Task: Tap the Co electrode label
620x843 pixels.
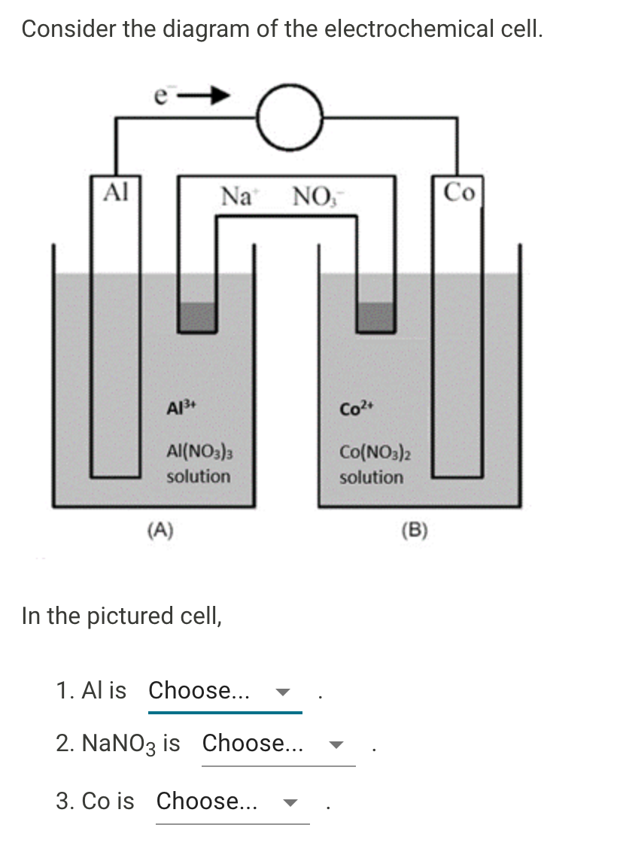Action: point(459,193)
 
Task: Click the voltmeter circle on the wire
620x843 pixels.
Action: point(290,116)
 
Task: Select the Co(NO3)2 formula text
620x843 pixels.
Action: point(375,454)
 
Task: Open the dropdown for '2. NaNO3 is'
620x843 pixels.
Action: point(278,744)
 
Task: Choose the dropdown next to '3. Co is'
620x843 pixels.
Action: point(232,801)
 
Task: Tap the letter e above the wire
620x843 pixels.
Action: point(160,95)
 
